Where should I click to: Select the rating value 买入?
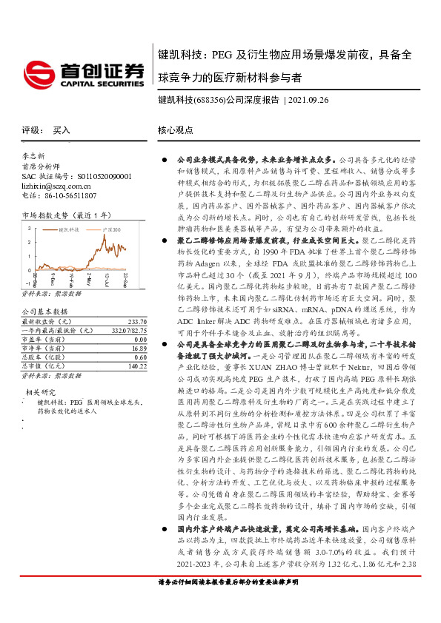[x=62, y=129]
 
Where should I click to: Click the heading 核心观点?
[x=176, y=129]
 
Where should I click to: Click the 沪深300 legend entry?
[x=110, y=231]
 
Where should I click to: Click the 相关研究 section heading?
[x=40, y=391]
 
